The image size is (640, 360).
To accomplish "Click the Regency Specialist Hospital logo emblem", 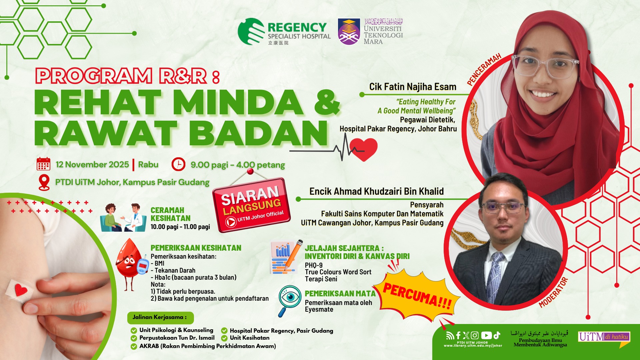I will [x=252, y=31].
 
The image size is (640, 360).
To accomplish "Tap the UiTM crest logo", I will [x=349, y=32].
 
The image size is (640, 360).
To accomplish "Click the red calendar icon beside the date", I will [x=43, y=164].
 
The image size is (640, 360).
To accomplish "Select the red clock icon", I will [x=178, y=164].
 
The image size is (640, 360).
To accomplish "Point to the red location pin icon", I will [x=44, y=182].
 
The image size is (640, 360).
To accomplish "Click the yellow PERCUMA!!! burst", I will [x=417, y=295].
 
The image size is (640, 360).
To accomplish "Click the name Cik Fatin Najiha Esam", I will [x=413, y=87].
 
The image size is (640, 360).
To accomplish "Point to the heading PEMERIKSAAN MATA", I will [x=340, y=294].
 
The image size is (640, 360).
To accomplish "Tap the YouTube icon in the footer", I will [x=486, y=335].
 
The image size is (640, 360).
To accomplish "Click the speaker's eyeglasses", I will [x=545, y=65].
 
